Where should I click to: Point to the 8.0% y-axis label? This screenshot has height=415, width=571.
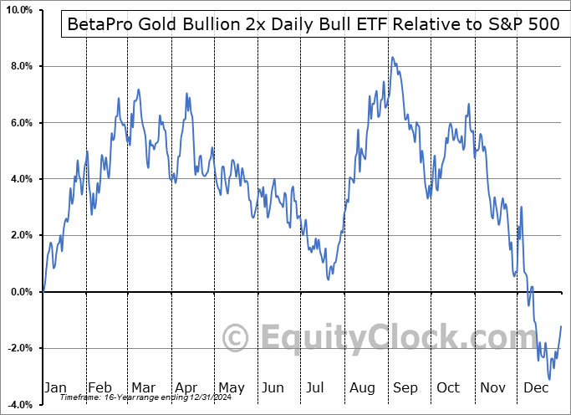[x=20, y=66]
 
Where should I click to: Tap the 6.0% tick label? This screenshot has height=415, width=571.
[x=20, y=123]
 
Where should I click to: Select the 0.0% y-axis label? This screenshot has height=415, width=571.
[x=20, y=292]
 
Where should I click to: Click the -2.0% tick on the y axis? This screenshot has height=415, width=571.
[x=19, y=348]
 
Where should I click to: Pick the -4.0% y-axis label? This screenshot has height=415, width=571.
[x=19, y=405]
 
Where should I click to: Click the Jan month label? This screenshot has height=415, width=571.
[x=54, y=388]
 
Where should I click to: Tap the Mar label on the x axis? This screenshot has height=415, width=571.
[x=143, y=388]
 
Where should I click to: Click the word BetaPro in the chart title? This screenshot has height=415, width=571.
[x=94, y=24]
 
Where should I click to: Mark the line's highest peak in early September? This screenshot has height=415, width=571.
[x=392, y=57]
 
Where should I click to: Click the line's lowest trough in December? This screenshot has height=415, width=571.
[x=549, y=379]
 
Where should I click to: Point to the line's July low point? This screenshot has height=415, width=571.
[x=329, y=279]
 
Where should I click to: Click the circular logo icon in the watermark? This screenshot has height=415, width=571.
[x=237, y=339]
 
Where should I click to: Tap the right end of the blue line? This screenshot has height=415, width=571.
[x=561, y=326]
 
